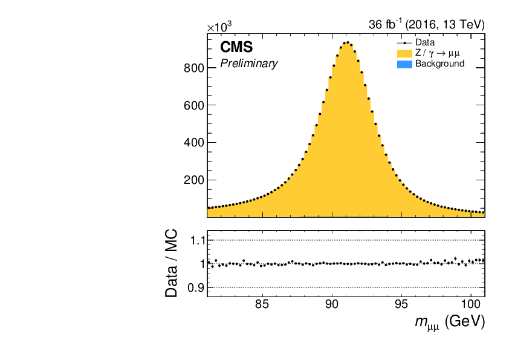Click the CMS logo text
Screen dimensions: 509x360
click(x=236, y=47)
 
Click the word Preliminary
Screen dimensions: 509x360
click(x=249, y=64)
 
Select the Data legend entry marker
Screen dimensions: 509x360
click(x=404, y=43)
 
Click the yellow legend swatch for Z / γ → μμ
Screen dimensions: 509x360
click(x=404, y=53)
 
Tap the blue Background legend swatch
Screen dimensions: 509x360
click(x=404, y=64)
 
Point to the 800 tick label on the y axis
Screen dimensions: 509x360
click(x=194, y=68)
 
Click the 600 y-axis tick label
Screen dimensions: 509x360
click(x=194, y=106)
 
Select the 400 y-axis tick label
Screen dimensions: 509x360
click(x=194, y=143)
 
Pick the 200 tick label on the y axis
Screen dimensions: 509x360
click(x=194, y=180)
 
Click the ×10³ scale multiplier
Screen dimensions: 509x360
click(x=219, y=27)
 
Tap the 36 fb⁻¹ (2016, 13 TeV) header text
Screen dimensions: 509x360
click(x=427, y=24)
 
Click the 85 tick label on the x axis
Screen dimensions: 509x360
click(x=262, y=304)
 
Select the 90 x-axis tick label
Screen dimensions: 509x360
click(x=332, y=304)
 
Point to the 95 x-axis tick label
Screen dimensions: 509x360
click(x=401, y=304)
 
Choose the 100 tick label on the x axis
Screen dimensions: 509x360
click(x=471, y=304)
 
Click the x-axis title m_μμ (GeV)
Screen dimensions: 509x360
click(x=450, y=322)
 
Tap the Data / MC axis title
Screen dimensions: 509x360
click(x=172, y=264)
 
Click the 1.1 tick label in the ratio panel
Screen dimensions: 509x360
click(x=197, y=241)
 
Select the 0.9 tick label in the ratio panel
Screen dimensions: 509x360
click(x=196, y=288)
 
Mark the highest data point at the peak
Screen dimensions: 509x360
click(x=348, y=42)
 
